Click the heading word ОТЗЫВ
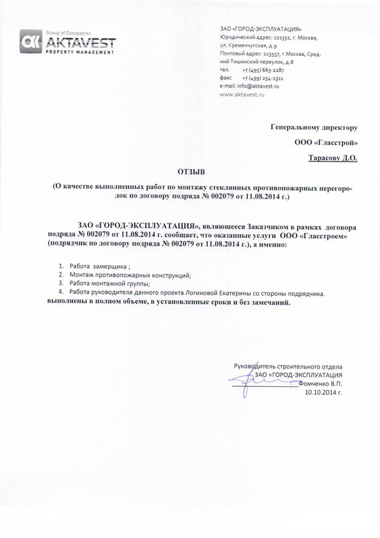tap(191, 172)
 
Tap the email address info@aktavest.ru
tap(249, 86)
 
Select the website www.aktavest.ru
tap(242, 95)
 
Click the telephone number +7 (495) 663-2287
tap(263, 70)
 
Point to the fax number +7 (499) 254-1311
tap(263, 78)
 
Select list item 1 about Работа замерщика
tap(99, 266)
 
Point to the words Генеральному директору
tap(314, 127)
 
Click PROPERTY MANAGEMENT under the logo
tap(80, 52)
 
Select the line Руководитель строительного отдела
tap(288, 367)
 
